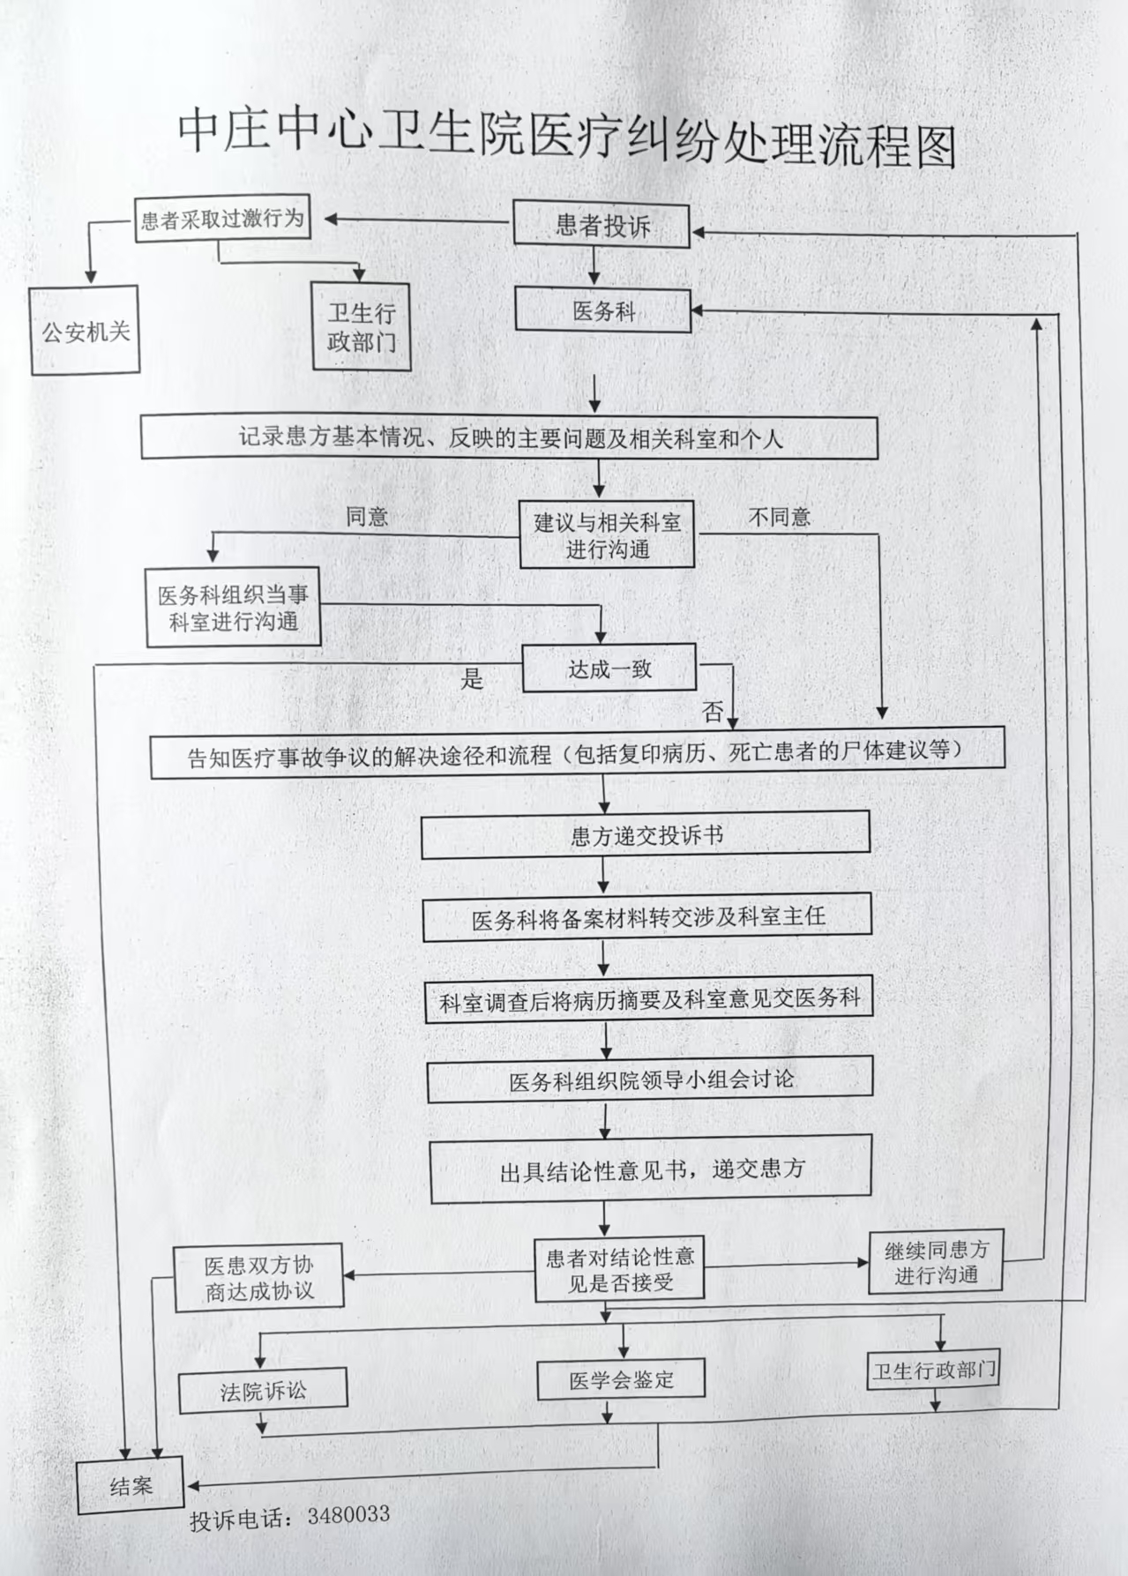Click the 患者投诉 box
pos(601,226)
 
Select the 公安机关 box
pos(86,332)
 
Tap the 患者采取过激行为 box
pos(222,219)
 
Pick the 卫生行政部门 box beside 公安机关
pos(362,327)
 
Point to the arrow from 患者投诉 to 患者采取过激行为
pos(415,220)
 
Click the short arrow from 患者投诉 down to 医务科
pos(595,266)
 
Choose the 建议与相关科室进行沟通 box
pos(607,535)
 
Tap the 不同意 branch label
pos(779,517)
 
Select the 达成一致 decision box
pos(609,668)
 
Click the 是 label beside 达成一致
pos(473,678)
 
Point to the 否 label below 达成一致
pos(713,711)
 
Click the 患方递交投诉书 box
pos(646,835)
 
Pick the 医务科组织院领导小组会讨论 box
pos(650,1080)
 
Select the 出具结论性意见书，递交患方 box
pos(651,1169)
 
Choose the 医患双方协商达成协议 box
pos(258,1278)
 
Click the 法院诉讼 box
pos(263,1392)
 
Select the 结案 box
pos(131,1487)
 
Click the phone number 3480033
pos(348,1515)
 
